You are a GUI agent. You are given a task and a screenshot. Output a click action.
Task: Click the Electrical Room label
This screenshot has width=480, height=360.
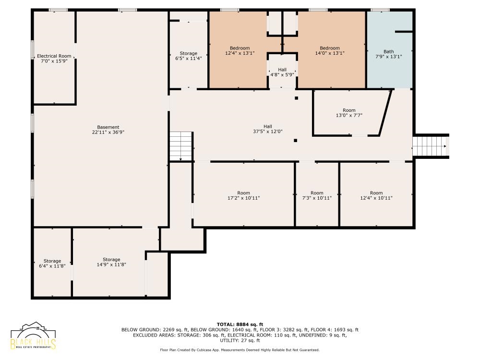[x=54, y=59]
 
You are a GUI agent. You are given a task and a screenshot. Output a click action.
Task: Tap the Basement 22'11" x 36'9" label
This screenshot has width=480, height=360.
[x=108, y=130]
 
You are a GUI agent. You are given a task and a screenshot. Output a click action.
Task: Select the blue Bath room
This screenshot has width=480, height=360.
[x=389, y=50]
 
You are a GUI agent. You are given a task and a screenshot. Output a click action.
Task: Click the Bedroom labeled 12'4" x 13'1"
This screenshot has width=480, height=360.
[x=240, y=50]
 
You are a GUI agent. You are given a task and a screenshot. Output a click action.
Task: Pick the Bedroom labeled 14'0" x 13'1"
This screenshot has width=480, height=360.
[x=330, y=50]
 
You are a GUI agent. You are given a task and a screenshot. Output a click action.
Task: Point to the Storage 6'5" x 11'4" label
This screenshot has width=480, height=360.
[x=188, y=56]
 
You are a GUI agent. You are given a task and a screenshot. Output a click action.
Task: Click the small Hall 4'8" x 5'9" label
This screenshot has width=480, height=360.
[x=282, y=72]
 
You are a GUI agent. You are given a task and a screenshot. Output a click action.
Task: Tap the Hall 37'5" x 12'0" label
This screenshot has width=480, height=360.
[x=267, y=129]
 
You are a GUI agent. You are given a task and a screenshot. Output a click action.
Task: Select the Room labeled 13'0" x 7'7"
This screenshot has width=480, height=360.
[x=349, y=113]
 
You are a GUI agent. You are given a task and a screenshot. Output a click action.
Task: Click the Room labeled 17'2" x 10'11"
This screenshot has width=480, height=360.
[x=244, y=195]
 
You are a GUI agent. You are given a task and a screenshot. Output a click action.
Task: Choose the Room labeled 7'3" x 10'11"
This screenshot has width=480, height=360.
[x=317, y=195]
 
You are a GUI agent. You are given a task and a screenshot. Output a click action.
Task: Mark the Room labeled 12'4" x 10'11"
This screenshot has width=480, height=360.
[x=376, y=195]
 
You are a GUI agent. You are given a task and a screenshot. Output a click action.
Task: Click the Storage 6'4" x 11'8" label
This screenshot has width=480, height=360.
[x=52, y=264]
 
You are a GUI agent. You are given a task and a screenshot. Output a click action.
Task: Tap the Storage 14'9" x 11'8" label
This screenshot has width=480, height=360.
[x=111, y=262]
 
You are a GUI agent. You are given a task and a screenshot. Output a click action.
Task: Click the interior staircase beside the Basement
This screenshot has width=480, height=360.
[x=181, y=146]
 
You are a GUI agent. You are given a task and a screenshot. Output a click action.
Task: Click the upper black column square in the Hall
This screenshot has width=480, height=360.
[x=296, y=98]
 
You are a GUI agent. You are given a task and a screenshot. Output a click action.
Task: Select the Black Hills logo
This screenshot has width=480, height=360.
[x=33, y=336]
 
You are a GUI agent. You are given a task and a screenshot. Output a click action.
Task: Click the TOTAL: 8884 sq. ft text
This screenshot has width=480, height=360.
[x=240, y=324]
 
